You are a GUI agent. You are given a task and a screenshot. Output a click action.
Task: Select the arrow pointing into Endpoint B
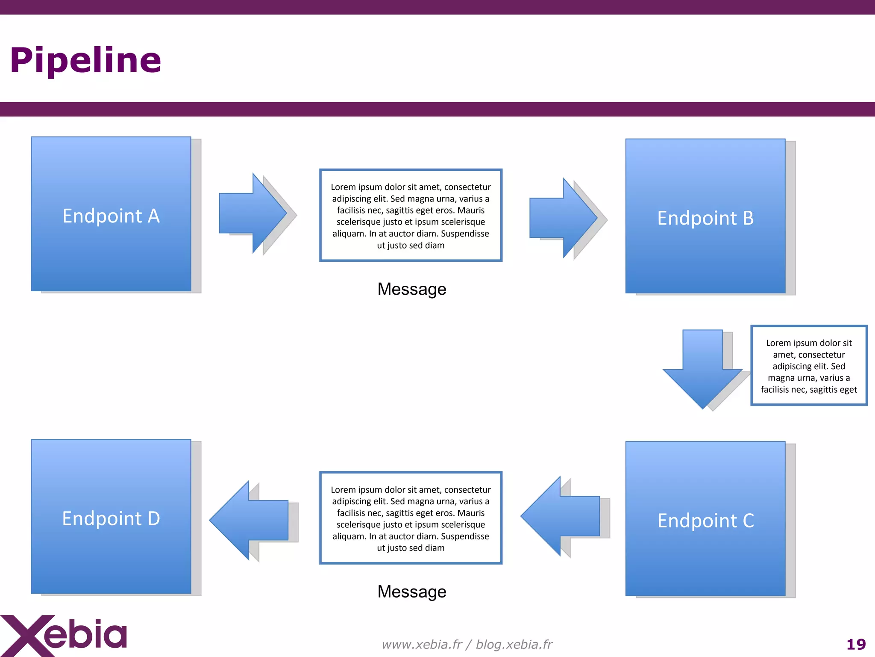tap(563, 218)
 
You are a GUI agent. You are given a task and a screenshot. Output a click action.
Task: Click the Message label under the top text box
tap(412, 289)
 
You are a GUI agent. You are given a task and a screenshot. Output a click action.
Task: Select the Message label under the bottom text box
tap(412, 592)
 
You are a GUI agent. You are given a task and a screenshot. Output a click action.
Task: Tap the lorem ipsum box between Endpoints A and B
tap(411, 215)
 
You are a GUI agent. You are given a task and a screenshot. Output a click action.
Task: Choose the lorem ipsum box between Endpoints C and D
tap(411, 518)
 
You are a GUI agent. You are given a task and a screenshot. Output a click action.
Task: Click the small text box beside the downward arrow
tap(809, 365)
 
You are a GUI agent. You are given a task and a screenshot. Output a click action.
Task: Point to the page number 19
tap(856, 644)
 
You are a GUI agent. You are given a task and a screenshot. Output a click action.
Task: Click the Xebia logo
tap(64, 635)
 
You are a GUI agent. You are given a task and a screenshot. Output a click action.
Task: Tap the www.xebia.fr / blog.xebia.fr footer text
tap(467, 644)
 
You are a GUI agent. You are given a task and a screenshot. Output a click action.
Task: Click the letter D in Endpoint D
tap(153, 518)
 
